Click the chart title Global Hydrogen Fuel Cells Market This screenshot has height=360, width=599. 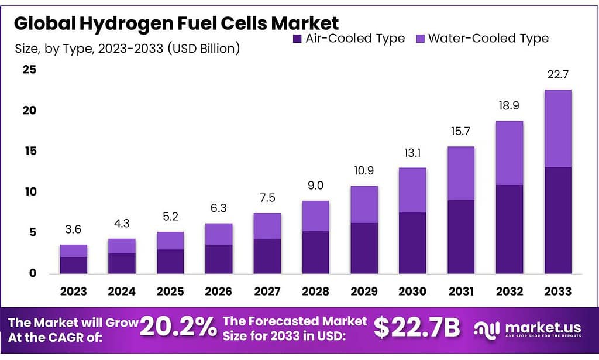click(x=176, y=23)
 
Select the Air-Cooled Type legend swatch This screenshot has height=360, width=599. click(x=297, y=39)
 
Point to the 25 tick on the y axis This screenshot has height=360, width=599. click(x=29, y=70)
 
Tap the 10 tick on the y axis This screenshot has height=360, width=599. click(x=29, y=192)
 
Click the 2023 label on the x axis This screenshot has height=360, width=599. click(x=74, y=291)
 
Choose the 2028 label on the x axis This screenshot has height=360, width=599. click(x=315, y=291)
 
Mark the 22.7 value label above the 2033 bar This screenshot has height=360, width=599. click(x=557, y=75)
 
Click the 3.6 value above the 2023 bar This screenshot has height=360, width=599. click(x=74, y=230)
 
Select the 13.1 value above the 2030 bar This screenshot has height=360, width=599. click(x=412, y=153)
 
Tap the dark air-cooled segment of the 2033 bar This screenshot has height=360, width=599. click(x=557, y=220)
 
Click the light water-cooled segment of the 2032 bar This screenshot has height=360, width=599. click(x=509, y=153)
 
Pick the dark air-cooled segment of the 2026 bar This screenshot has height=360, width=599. click(x=219, y=259)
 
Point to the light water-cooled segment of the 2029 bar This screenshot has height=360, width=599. click(x=364, y=204)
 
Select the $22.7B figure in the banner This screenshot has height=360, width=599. click(x=416, y=328)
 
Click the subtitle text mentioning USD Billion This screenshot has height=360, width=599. click(x=127, y=48)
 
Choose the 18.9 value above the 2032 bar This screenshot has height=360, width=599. click(x=509, y=106)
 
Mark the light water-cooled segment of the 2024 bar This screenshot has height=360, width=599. click(x=122, y=246)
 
